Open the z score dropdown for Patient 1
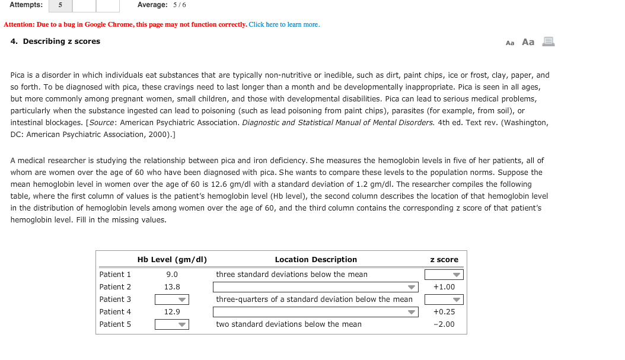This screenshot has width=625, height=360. [x=444, y=275]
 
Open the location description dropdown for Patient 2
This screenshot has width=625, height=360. [x=315, y=287]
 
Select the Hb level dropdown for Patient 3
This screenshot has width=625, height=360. [x=172, y=300]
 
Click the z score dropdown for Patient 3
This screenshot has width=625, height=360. [x=444, y=300]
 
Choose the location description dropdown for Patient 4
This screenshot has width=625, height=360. [x=315, y=312]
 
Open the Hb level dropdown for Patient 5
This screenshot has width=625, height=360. [x=172, y=324]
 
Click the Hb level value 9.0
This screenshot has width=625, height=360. [x=172, y=275]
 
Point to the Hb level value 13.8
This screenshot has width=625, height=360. [x=172, y=287]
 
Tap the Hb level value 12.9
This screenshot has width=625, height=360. [x=172, y=312]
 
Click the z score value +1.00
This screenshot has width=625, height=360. [x=444, y=287]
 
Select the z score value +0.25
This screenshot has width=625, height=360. [x=444, y=312]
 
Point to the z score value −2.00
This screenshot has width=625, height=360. [x=444, y=324]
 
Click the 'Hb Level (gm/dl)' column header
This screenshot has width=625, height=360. [x=172, y=260]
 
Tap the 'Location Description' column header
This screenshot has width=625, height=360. [x=315, y=260]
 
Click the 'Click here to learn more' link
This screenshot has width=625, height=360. [x=284, y=24]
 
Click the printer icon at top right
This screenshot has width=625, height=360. [x=548, y=42]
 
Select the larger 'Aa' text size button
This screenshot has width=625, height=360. [x=528, y=42]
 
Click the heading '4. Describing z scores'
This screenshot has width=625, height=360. [x=55, y=42]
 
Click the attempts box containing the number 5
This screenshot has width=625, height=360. [x=60, y=5]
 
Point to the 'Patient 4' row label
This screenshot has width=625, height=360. [x=115, y=312]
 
